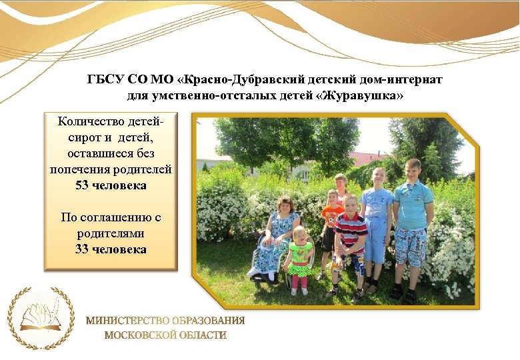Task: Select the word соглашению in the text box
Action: pyautogui.click(x=117, y=217)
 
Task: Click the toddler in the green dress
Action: pyautogui.click(x=300, y=258)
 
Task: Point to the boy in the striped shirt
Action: pyautogui.click(x=351, y=240)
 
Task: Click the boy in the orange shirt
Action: pyautogui.click(x=331, y=227)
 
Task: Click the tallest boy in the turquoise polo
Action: pyautogui.click(x=411, y=220)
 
